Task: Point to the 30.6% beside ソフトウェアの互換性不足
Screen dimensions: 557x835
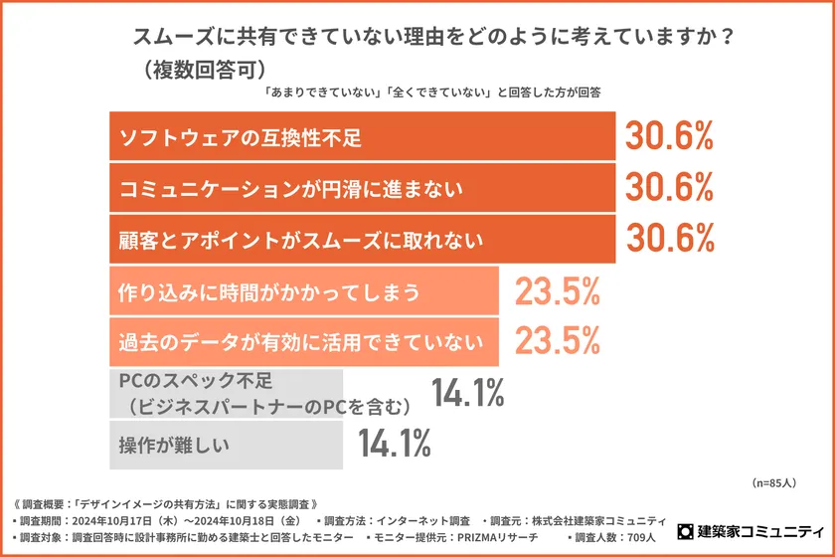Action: tap(669, 136)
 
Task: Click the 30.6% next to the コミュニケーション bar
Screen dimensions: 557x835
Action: tap(669, 187)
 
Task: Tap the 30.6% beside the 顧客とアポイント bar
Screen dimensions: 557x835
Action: tap(669, 239)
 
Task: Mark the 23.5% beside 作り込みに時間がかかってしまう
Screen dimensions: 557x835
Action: tap(557, 291)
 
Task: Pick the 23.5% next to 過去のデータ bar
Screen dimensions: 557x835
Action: tap(557, 342)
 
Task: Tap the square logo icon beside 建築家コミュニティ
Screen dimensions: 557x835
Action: tap(685, 532)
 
